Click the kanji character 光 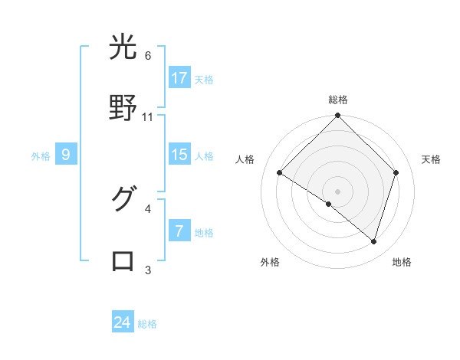coord(123,48)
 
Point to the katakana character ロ coord(123,260)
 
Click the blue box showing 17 coord(179,78)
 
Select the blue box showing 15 coord(179,155)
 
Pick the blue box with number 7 coord(179,231)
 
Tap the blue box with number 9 coord(66,155)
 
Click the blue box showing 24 coord(123,322)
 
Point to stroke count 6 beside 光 coord(148,56)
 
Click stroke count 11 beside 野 coord(148,117)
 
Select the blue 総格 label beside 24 coord(147,324)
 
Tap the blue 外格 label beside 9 coord(41,156)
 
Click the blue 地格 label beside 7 coord(204,233)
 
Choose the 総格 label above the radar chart coord(337,100)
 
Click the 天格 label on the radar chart coord(431,159)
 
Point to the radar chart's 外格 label coord(270,262)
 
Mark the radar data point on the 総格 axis coord(337,116)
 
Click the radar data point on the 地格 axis coord(373,242)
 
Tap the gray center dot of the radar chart coord(337,191)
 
